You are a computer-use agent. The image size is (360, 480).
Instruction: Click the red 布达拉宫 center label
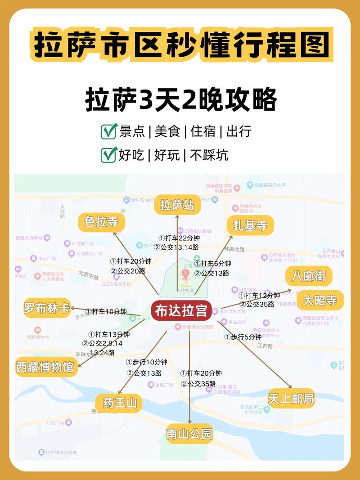181,311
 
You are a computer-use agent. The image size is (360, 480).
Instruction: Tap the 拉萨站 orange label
177,206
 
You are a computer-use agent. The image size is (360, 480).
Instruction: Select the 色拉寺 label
101,223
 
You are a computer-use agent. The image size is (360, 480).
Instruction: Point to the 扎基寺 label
250,225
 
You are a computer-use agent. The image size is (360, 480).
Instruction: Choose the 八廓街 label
308,276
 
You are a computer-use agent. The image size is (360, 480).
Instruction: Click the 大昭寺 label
320,300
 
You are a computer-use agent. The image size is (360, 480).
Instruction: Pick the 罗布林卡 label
47,309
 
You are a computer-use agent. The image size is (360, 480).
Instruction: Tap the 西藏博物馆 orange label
45,367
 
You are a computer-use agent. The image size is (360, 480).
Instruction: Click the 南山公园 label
189,434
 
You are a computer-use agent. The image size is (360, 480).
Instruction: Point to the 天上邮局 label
291,399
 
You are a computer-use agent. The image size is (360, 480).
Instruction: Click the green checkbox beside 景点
109,131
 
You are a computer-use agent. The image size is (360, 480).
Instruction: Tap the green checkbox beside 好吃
109,155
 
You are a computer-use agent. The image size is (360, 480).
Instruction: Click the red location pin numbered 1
184,274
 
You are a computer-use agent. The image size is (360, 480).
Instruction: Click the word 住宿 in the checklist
203,132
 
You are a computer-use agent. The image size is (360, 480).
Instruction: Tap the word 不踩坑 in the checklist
209,155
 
